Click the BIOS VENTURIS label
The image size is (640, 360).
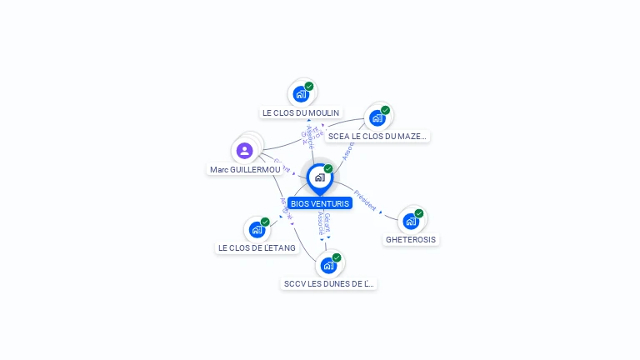point(320,203)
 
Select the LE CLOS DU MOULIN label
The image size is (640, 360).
point(301,112)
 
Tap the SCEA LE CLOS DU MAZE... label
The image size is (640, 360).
point(377,136)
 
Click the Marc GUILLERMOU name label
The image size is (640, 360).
point(245,169)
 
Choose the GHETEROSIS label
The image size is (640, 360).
point(411,239)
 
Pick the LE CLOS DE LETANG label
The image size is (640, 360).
point(257,247)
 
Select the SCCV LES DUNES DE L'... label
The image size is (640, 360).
point(329,283)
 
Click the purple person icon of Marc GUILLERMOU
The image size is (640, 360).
point(244,151)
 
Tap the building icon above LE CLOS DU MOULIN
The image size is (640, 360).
point(301,94)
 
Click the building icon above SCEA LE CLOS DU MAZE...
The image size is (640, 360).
point(377,117)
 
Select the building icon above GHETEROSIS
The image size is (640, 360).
point(410,221)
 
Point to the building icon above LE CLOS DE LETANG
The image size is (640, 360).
point(257,229)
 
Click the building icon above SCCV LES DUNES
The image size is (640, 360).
point(328,265)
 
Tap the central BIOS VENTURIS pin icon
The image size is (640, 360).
point(319,177)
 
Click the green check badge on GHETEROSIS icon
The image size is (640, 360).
point(419,213)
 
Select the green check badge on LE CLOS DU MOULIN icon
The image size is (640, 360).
point(309,87)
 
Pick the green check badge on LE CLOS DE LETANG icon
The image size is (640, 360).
point(265,222)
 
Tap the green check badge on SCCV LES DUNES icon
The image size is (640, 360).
point(337,257)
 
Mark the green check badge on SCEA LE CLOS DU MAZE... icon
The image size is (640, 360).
point(385,110)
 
